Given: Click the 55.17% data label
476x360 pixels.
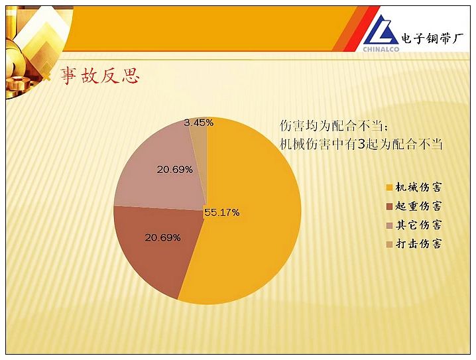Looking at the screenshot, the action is [222, 212].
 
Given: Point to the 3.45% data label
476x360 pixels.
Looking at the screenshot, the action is [198, 123].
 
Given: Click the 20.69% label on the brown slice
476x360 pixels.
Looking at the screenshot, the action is [162, 237].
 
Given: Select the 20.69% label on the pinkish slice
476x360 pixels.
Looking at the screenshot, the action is [175, 170].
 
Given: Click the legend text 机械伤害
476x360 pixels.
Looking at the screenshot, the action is [418, 187].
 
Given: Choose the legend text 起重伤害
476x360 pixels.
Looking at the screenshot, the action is [418, 206].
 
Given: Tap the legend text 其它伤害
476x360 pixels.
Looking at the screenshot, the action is [418, 225].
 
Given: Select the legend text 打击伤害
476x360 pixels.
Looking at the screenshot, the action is [418, 244].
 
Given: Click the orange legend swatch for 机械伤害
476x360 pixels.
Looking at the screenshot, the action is [389, 188].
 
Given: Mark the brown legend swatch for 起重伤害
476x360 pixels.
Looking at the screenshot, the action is [389, 206].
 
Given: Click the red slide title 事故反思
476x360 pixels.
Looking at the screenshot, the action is [99, 76].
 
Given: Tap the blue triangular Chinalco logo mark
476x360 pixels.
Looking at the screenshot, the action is [381, 30].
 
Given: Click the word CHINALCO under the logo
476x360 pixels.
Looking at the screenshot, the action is [381, 49].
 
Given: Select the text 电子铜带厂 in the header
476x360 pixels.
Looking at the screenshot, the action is [433, 38].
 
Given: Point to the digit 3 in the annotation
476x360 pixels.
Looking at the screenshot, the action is [361, 144].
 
